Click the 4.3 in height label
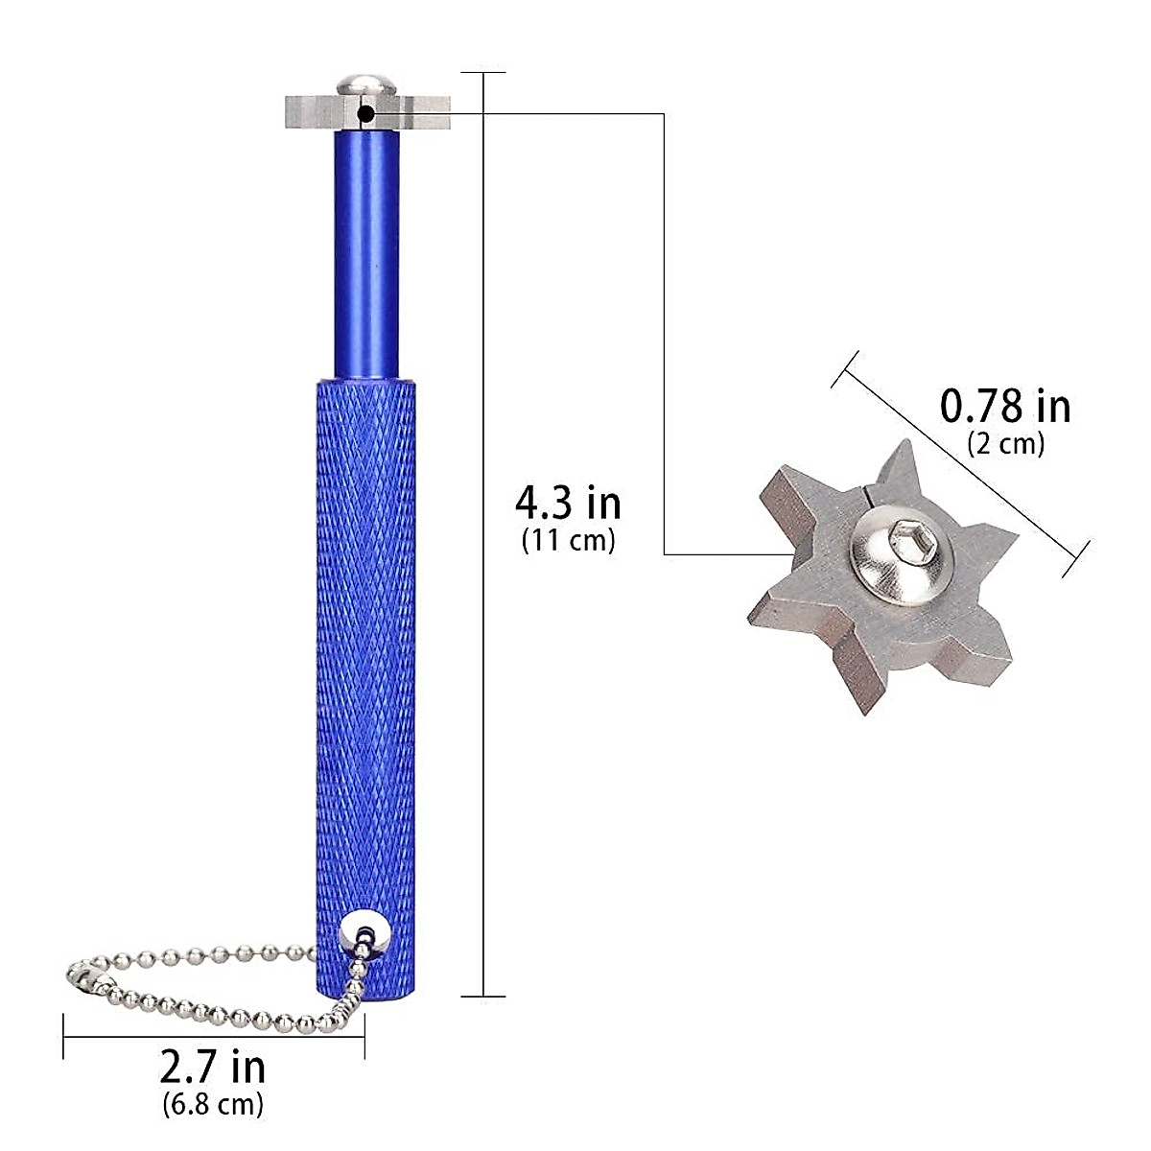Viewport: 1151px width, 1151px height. coord(568,503)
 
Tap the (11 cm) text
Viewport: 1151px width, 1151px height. coord(568,540)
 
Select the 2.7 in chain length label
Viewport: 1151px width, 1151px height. coord(213,1067)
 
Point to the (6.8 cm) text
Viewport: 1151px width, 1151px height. coord(213,1104)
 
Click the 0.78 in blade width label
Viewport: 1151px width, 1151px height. coord(1004,406)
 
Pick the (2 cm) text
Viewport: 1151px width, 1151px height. coord(1004,443)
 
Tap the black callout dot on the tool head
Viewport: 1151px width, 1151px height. coord(366,114)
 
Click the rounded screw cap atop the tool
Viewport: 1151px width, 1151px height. coord(366,84)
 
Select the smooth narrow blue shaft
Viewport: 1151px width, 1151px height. coord(366,254)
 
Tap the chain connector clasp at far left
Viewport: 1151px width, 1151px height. coord(88,978)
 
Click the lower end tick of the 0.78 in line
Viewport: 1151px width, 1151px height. coord(1075,559)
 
